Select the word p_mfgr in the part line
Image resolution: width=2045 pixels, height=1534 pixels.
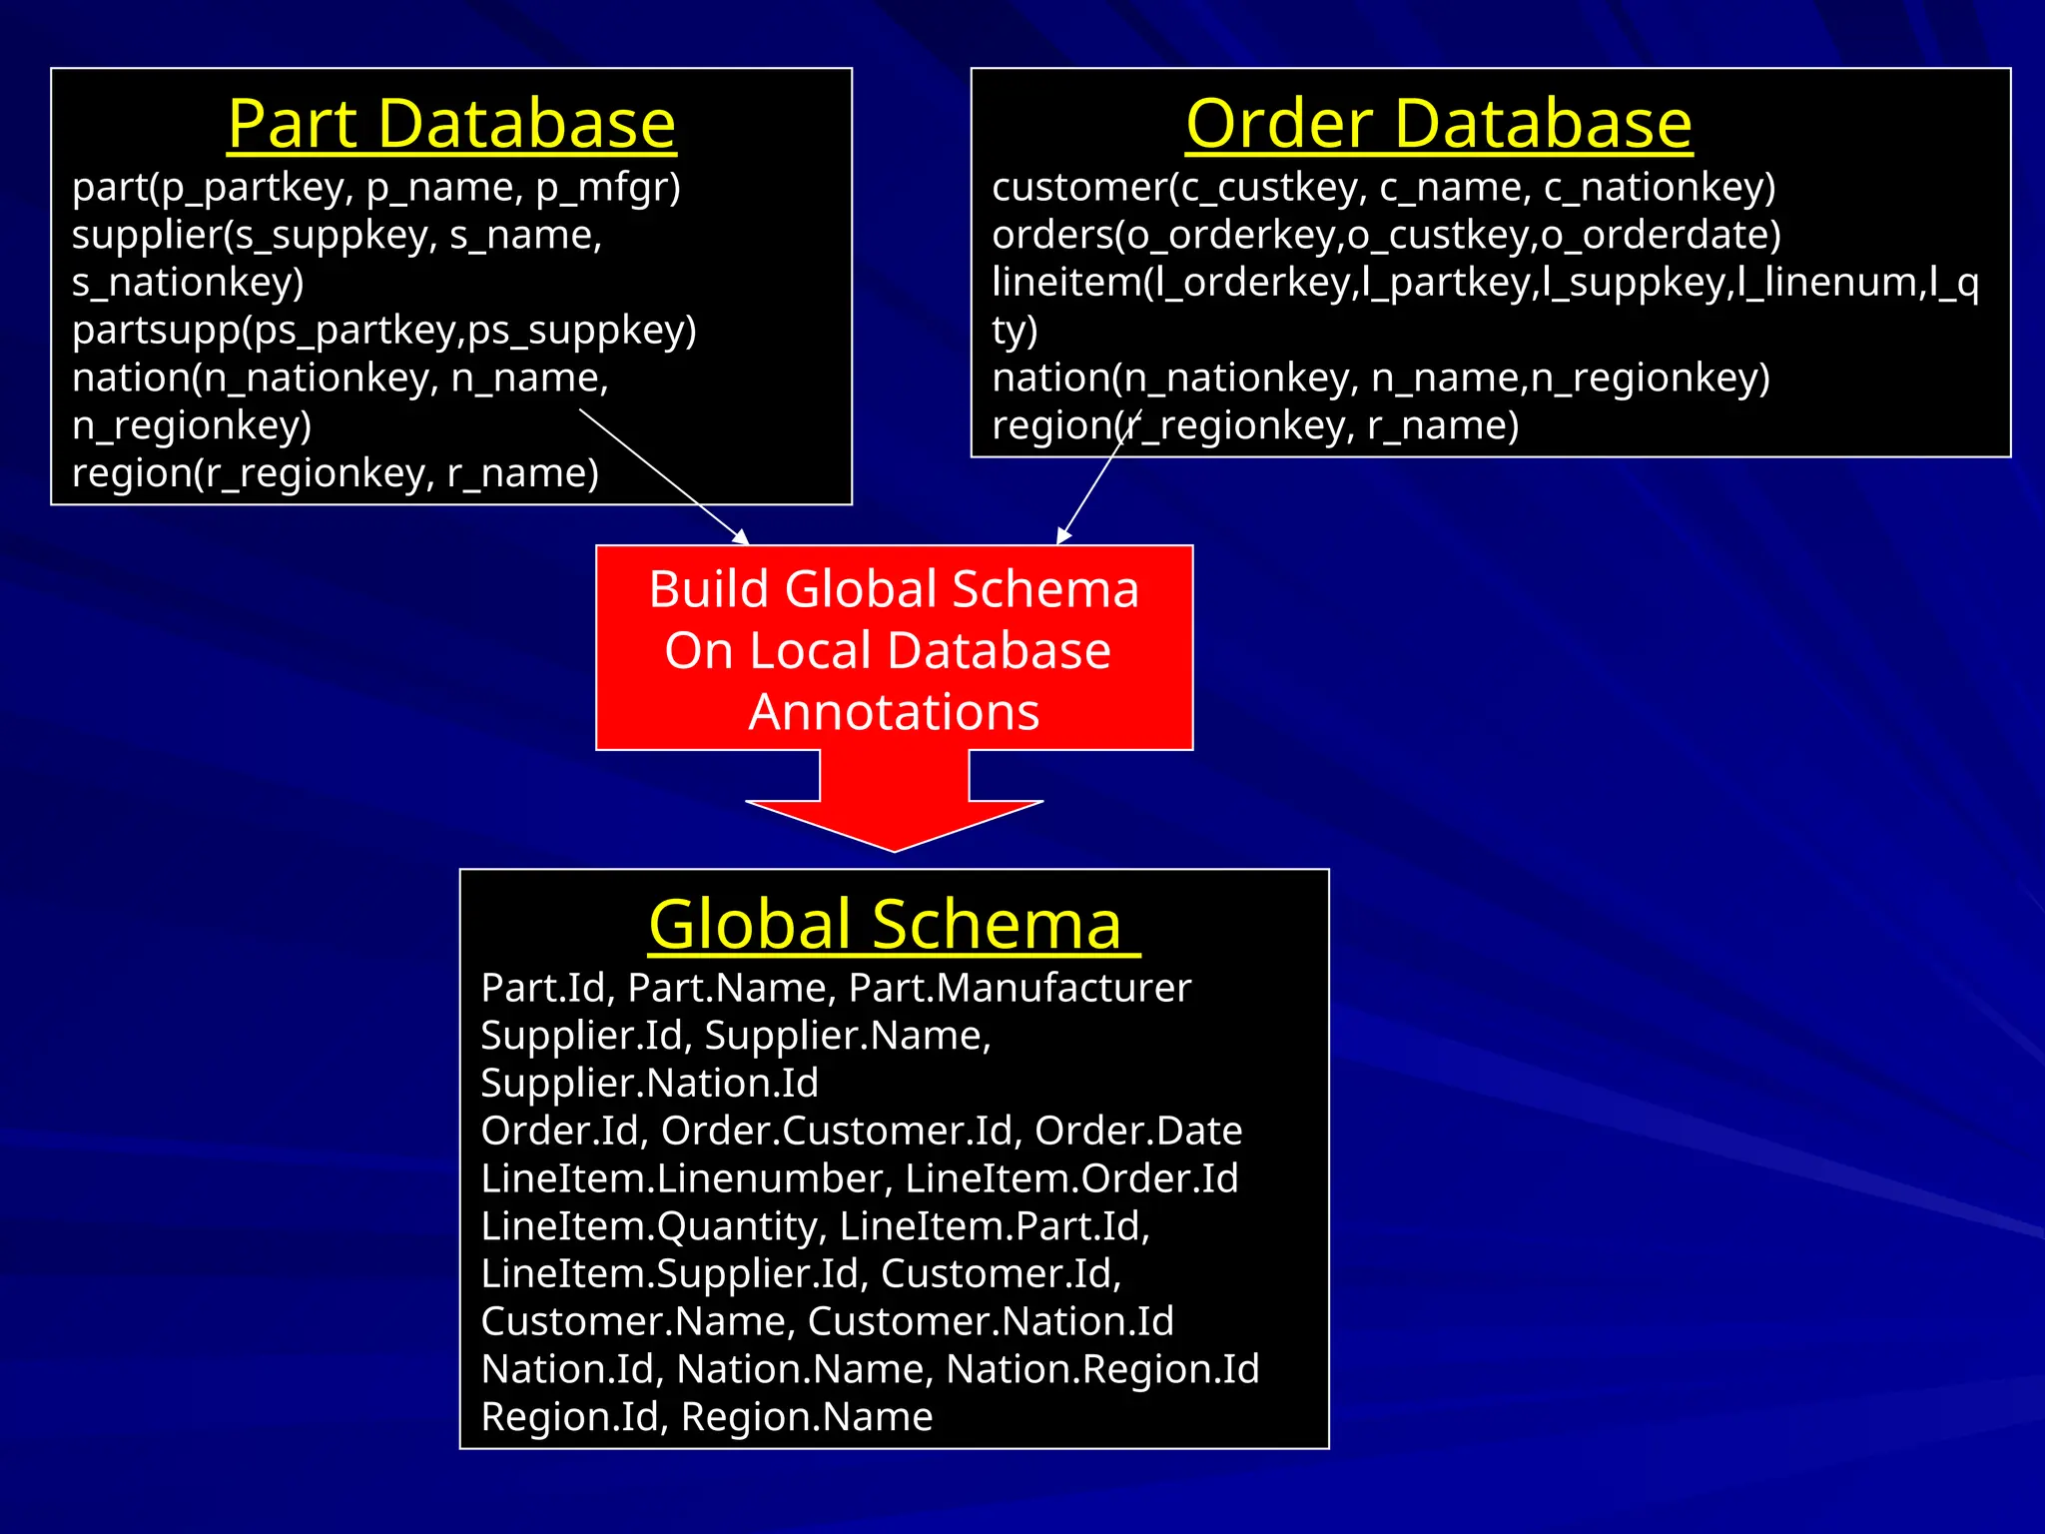click(608, 188)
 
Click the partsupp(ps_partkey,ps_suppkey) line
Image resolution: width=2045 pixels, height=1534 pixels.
click(384, 331)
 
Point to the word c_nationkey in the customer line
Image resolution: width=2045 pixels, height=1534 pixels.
click(1660, 188)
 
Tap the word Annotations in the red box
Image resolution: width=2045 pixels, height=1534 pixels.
click(894, 712)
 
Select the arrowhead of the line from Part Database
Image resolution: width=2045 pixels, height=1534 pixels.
click(743, 539)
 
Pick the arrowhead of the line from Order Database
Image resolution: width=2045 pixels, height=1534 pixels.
click(1061, 538)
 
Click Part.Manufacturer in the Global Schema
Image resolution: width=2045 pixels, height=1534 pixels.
click(1020, 989)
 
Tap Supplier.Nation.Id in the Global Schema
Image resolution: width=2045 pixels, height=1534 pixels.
click(649, 1084)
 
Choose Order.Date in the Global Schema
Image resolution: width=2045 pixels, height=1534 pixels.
click(1138, 1132)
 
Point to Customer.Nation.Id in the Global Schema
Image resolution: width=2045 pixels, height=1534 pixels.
click(991, 1322)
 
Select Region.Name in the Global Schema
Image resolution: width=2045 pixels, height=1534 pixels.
click(807, 1417)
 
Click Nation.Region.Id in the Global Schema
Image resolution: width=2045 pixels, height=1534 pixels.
click(1102, 1369)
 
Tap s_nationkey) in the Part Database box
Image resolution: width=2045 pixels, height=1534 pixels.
click(188, 283)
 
